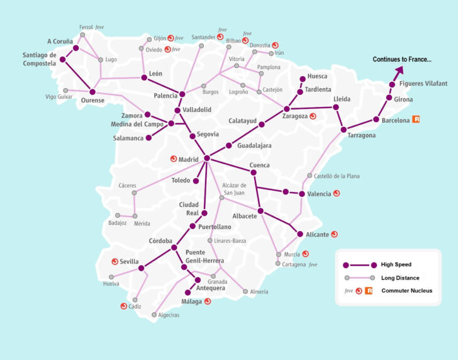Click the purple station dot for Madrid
[x=206, y=158]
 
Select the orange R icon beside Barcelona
[x=416, y=119]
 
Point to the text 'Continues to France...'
[x=402, y=59]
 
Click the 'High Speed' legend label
[x=400, y=264]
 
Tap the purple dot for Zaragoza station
[x=287, y=109]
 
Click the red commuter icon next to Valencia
[x=337, y=193]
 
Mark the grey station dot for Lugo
[x=100, y=60]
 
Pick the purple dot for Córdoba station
[x=174, y=247]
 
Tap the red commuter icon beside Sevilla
[x=114, y=261]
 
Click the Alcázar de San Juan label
[x=238, y=189]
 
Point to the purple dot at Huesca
[x=303, y=79]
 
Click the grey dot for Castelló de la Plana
[x=309, y=176]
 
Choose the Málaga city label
[x=191, y=301]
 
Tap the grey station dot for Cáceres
[x=134, y=193]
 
